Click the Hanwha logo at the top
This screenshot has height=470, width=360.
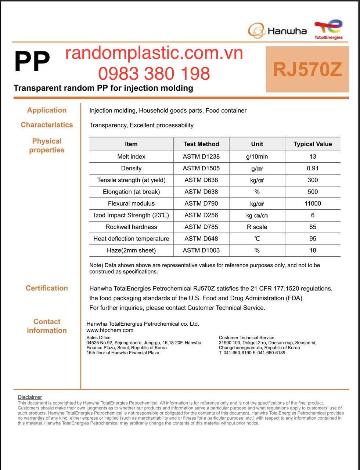tap(277, 30)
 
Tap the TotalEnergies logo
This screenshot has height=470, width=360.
tap(328, 29)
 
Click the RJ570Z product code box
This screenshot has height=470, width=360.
tap(307, 69)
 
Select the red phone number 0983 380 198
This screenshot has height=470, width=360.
tap(154, 73)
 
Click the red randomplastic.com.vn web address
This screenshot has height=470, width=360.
tap(154, 54)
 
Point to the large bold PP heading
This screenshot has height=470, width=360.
tap(32, 62)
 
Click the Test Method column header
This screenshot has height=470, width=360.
tap(201, 144)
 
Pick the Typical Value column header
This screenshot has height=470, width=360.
tap(313, 144)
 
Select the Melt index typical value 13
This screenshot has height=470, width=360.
tap(313, 156)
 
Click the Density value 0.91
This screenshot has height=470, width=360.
tap(313, 168)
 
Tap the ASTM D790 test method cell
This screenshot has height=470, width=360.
tap(201, 203)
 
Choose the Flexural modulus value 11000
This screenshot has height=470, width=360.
tap(313, 203)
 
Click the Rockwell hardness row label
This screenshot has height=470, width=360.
tap(131, 227)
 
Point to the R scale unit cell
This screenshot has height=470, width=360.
tap(257, 227)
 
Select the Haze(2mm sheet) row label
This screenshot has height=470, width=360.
tap(131, 250)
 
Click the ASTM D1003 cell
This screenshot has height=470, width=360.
tap(201, 250)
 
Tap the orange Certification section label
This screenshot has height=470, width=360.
tap(47, 288)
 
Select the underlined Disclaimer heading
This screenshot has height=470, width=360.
tap(30, 397)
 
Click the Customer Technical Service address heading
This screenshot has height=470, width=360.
tap(246, 337)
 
